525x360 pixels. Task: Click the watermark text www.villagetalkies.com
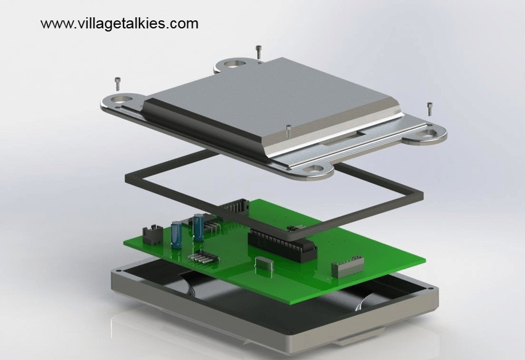point(120,23)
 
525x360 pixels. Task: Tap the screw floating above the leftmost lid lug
point(117,84)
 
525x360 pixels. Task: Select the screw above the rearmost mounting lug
point(258,52)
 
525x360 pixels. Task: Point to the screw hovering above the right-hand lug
point(430,109)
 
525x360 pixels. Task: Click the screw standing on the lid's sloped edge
point(288,132)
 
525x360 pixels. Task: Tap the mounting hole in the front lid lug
point(316,169)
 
